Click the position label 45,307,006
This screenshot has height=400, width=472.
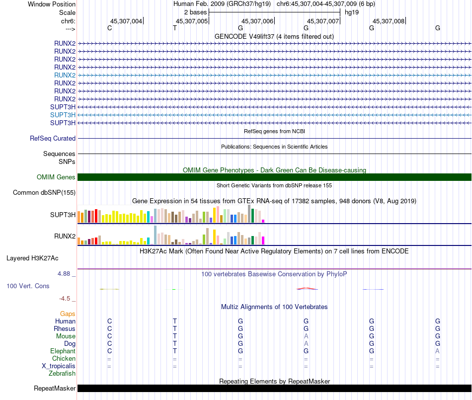click(x=257, y=21)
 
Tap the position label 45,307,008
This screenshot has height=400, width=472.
click(x=389, y=21)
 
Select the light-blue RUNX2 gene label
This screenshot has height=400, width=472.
click(x=65, y=75)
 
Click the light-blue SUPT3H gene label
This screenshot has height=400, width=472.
click(x=63, y=115)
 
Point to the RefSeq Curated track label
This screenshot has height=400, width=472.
click(x=53, y=139)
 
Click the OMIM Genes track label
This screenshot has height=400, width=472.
click(x=56, y=177)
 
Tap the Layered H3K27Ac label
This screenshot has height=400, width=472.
click(x=32, y=258)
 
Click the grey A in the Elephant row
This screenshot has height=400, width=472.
click(x=437, y=351)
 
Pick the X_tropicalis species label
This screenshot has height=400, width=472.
click(x=59, y=366)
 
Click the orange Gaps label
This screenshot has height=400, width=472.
click(x=68, y=314)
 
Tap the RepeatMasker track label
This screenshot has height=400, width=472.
click(x=55, y=388)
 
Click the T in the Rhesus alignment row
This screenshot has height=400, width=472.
click(x=174, y=328)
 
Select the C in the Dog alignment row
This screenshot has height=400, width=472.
click(x=110, y=343)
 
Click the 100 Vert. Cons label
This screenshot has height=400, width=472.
click(x=28, y=286)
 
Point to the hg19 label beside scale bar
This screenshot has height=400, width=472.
click(x=352, y=12)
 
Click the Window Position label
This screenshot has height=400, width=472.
click(x=52, y=4)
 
